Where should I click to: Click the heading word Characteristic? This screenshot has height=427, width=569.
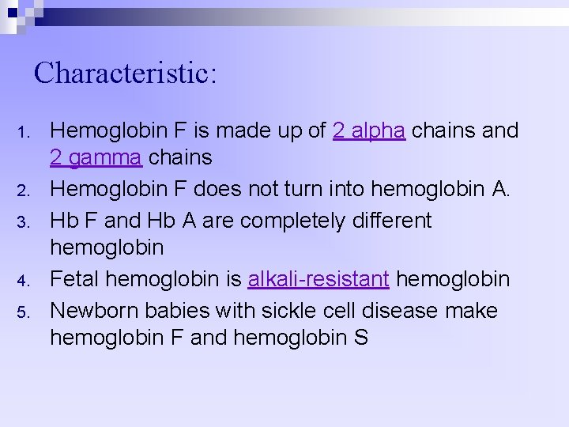(x=125, y=74)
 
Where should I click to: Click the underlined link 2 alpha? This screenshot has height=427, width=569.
(x=369, y=130)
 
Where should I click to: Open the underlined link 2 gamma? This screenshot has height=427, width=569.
(x=96, y=158)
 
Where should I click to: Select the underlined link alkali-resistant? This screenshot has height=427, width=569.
(x=318, y=279)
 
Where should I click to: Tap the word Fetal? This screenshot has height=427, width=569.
(x=74, y=279)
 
